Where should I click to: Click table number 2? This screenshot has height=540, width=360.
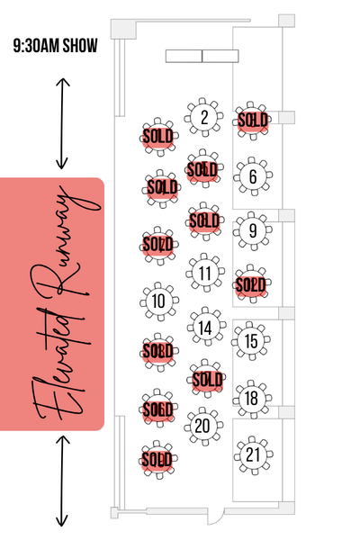point(203,117)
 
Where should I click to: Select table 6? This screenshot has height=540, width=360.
point(253,176)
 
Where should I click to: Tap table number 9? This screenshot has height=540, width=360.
point(253,230)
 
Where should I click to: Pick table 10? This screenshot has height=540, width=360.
point(159,301)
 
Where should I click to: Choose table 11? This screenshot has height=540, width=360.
point(205,273)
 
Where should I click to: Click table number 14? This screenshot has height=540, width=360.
point(206,327)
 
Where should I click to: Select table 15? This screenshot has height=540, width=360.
point(251,341)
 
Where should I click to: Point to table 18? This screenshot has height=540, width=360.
point(252,399)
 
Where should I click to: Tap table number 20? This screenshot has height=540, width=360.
point(203,426)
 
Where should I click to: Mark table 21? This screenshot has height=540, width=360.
point(254,454)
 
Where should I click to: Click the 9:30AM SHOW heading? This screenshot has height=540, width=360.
point(56,46)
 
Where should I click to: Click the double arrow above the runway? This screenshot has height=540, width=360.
point(62,123)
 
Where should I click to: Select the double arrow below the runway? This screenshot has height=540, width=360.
point(62,481)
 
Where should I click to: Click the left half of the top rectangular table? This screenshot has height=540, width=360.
point(184,56)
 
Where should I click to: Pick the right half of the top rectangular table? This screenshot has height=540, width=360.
point(220,56)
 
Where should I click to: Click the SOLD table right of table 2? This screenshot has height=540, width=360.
point(253,121)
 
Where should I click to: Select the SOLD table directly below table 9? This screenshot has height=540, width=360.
point(251,284)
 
